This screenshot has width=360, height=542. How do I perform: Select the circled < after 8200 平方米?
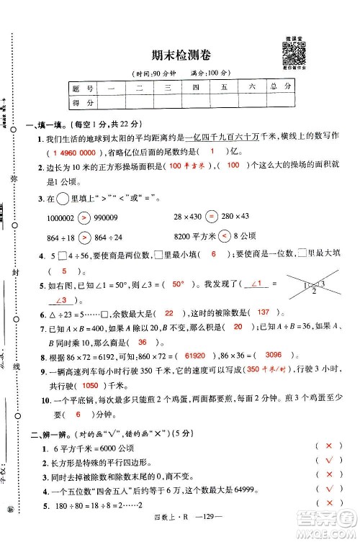224,236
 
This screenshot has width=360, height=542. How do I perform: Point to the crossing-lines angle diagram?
301,285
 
